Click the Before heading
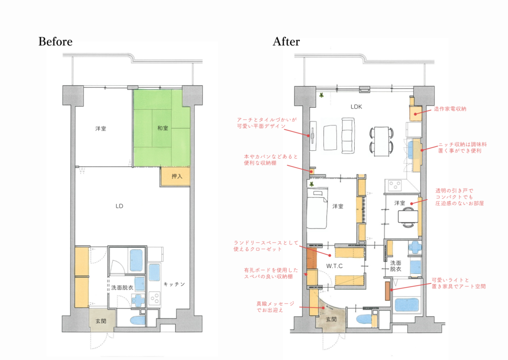(56, 42)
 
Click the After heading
(286, 42)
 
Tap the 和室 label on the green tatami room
(163, 128)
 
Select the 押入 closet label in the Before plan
(177, 177)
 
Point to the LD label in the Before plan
(119, 206)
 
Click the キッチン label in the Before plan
(174, 284)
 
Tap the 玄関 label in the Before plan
(101, 321)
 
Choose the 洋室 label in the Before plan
(100, 128)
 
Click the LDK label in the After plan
(356, 107)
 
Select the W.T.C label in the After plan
(334, 266)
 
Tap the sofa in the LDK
(348, 136)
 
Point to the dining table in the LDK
(381, 141)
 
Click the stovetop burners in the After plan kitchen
(395, 185)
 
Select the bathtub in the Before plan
(136, 260)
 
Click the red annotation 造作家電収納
(450, 109)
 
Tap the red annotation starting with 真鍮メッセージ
(275, 307)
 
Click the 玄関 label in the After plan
(331, 319)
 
